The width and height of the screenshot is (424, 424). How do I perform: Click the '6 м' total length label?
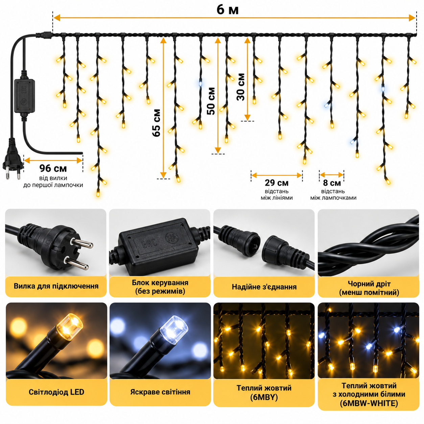point(228,10)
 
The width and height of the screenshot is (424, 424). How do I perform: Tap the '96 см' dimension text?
point(53,168)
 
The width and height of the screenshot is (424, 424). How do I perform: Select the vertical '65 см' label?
point(157,123)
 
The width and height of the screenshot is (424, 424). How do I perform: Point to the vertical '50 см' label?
point(211,101)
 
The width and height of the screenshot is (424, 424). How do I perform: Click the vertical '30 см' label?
point(241,87)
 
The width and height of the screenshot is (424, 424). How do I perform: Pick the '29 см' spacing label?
point(277,183)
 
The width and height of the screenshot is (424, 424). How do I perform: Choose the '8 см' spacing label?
point(332,183)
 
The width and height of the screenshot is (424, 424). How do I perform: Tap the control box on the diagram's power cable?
point(24,95)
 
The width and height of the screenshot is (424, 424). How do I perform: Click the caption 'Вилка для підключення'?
point(56,286)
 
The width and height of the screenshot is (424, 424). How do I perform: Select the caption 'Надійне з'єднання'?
point(264,287)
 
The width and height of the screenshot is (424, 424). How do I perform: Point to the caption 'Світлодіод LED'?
point(56,392)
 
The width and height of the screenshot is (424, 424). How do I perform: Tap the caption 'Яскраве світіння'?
point(160,392)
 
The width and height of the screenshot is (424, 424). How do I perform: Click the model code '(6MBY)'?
point(264,397)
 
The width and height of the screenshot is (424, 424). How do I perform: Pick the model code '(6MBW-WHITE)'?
point(369,403)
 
